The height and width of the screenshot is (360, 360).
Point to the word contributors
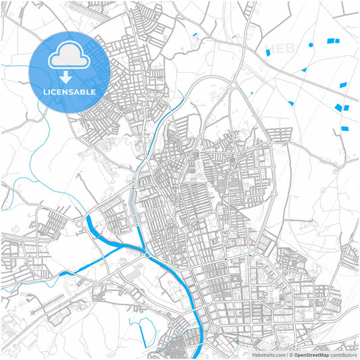[x=343, y=354]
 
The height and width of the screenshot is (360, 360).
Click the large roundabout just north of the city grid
[x=234, y=86]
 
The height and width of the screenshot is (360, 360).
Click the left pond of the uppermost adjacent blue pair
[x=330, y=41]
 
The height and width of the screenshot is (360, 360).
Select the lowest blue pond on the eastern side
[x=345, y=128]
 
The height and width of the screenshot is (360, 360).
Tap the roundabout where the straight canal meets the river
[x=147, y=255]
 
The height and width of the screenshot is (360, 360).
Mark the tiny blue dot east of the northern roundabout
[x=252, y=93]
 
